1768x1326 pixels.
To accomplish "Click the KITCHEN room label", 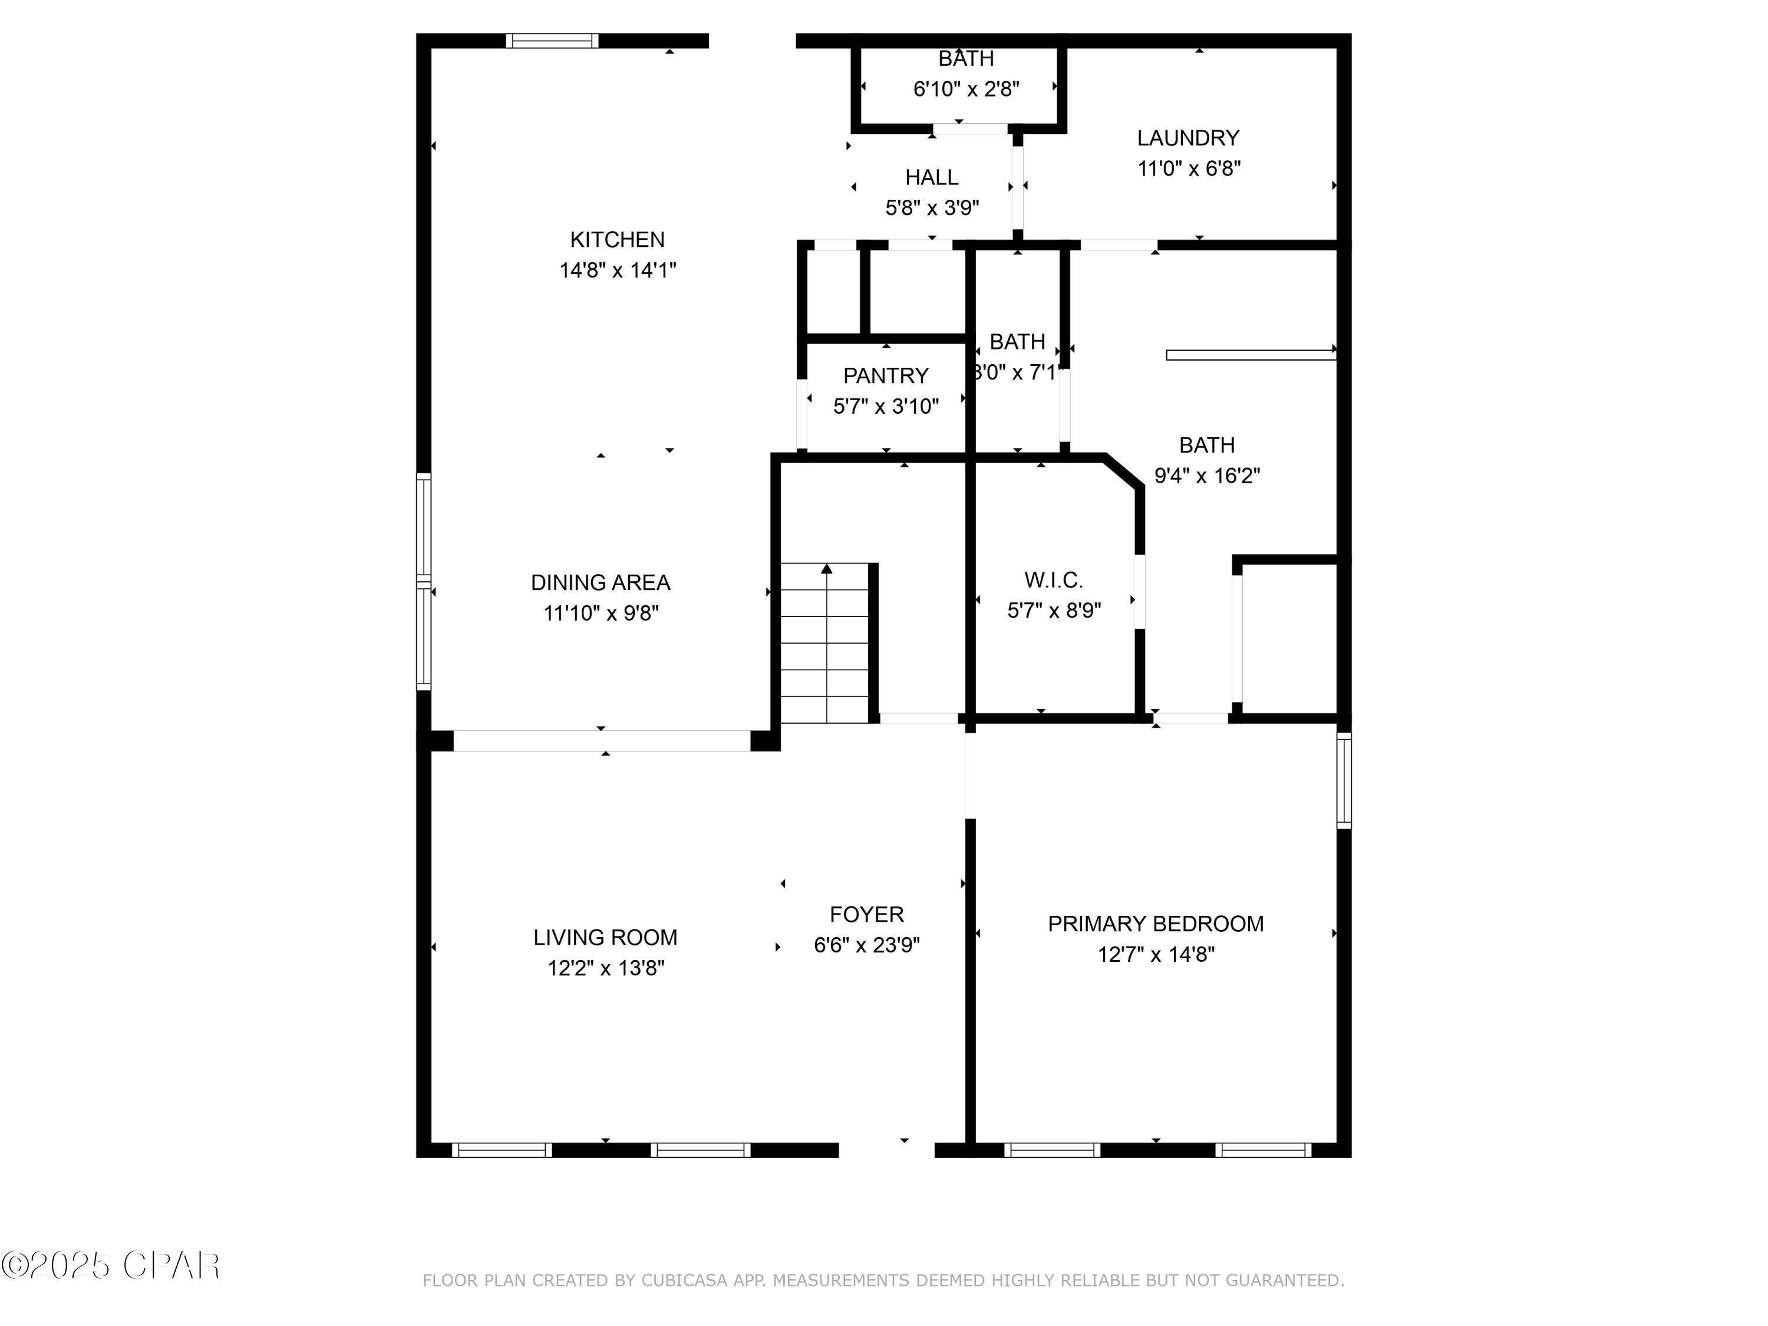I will point(617,240).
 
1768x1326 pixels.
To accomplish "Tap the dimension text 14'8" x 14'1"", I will point(617,270).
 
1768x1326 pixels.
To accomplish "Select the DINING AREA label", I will point(601,583).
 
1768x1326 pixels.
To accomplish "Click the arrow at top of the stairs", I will point(826,569).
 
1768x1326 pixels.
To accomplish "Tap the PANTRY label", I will point(886,375).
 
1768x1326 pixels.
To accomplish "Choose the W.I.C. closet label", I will point(1054,580).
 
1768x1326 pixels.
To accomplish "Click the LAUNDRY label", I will point(1188,138).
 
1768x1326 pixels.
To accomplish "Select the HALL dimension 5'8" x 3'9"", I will point(932,208).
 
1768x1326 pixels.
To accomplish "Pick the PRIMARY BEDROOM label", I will point(1155,924).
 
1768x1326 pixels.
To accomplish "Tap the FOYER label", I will point(866,915).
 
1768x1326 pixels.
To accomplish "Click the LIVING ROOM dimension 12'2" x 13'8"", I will point(606,968).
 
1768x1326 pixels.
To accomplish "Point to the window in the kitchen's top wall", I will point(552,41).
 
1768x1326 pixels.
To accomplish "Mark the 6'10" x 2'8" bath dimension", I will point(967,89).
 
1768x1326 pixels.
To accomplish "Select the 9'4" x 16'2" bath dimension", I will point(1207,476).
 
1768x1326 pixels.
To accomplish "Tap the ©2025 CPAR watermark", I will point(110,1265).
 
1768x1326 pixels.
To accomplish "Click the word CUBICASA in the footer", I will point(684,1281).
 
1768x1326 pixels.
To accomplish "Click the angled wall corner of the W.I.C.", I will point(1124,471).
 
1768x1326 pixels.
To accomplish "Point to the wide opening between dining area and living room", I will point(601,741).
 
